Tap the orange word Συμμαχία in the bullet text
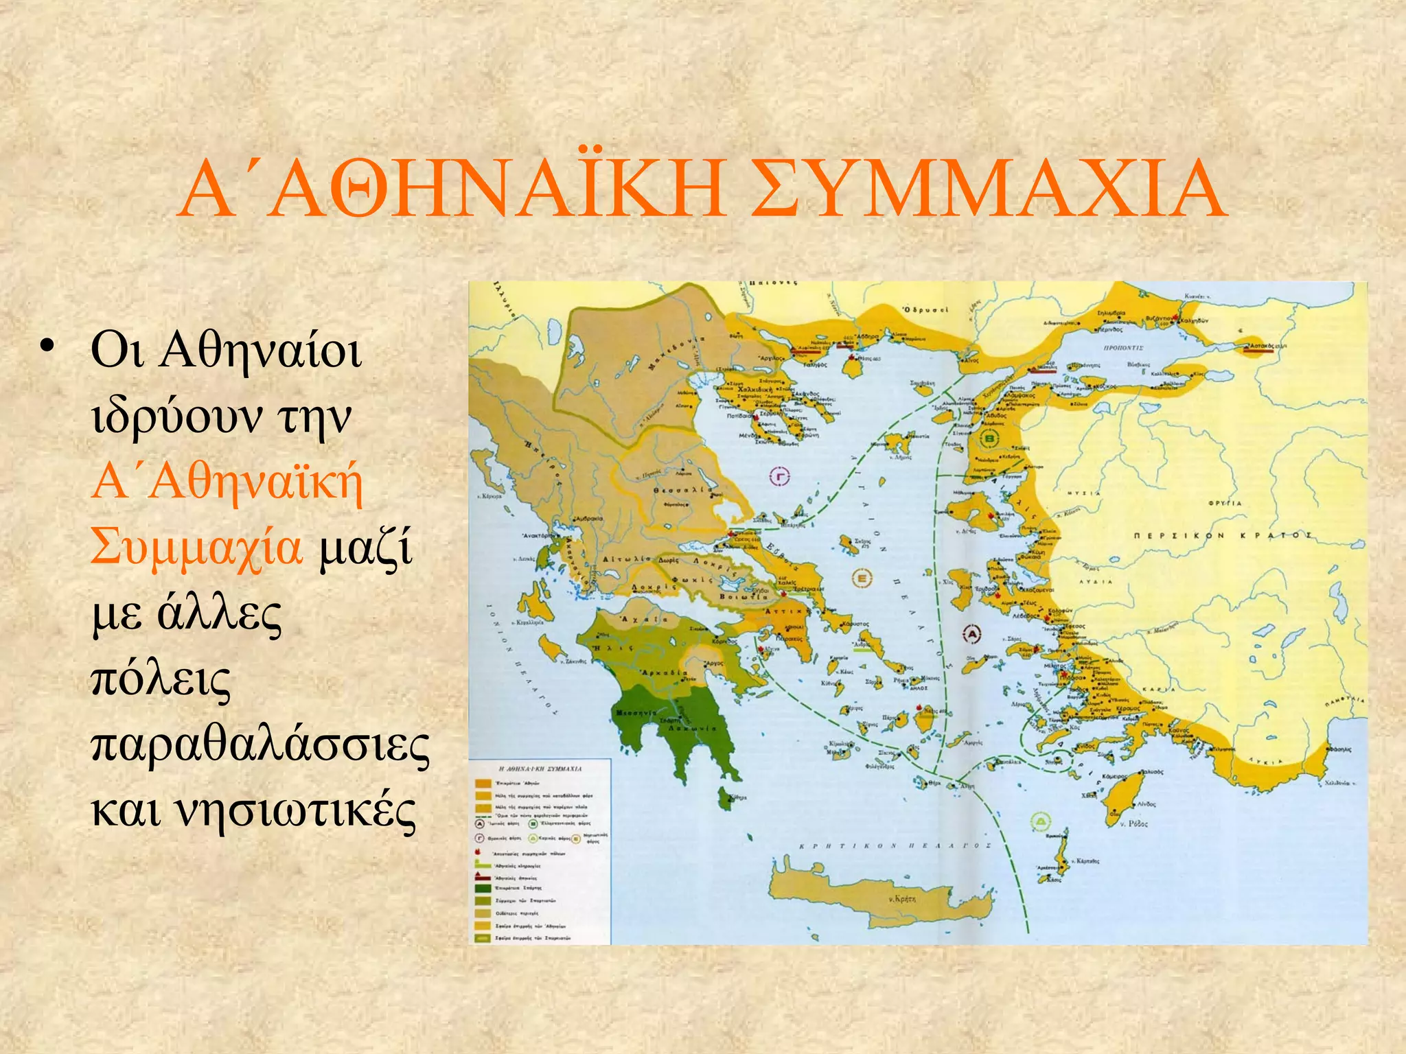(x=196, y=547)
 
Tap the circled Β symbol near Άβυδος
(x=990, y=438)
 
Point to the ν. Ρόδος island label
(x=1133, y=823)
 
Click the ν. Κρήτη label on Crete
(x=901, y=898)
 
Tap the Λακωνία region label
(x=694, y=728)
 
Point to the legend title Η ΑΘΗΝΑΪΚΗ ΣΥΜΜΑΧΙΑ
(x=540, y=769)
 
